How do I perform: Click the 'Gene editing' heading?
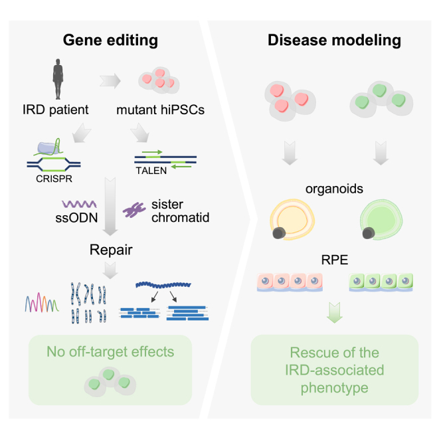[x=110, y=40]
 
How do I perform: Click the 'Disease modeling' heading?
[x=334, y=40]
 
